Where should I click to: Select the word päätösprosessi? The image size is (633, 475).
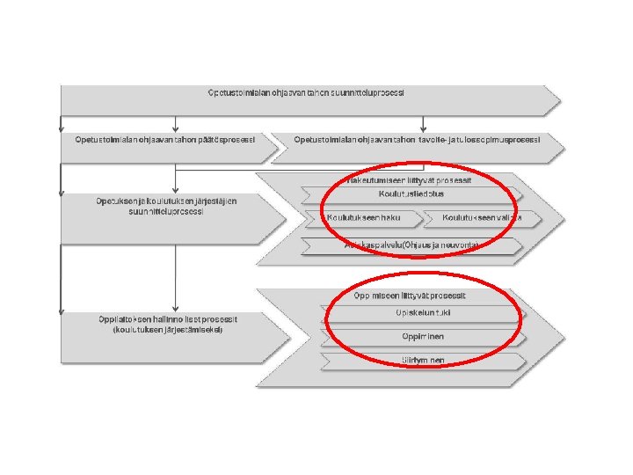(228, 140)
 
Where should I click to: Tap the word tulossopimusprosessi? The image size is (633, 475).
(492, 140)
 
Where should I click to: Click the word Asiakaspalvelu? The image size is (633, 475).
(370, 245)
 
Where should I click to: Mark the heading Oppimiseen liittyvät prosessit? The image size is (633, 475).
(411, 296)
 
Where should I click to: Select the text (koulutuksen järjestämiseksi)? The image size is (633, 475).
(167, 330)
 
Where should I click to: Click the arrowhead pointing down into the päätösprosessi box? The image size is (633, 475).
(177, 128)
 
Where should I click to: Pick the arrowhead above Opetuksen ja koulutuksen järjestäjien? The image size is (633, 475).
(177, 189)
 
